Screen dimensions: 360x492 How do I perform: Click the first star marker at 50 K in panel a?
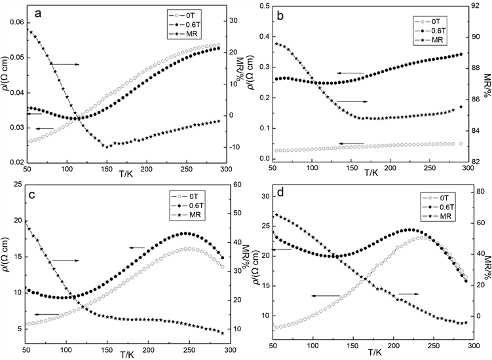coord(29,31)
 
